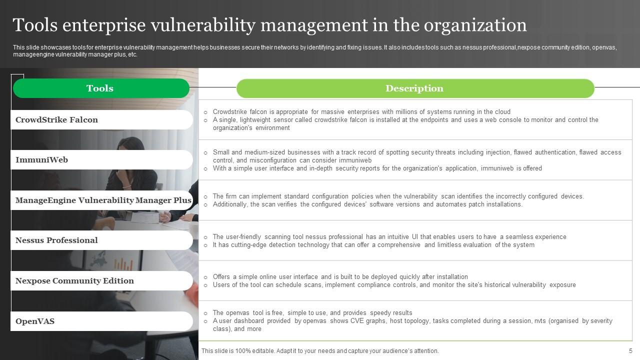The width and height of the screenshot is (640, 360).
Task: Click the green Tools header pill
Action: tap(100, 88)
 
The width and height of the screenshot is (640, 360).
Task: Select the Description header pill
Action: tap(414, 88)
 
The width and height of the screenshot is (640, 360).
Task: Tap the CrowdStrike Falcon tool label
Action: tap(56, 120)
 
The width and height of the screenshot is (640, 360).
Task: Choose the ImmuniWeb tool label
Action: tap(41, 160)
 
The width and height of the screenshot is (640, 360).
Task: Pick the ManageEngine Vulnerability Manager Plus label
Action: tap(103, 200)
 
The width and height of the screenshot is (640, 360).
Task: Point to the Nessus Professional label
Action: tap(56, 240)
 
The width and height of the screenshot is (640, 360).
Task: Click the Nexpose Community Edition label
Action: tap(74, 281)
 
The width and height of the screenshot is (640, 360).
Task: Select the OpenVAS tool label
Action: tap(35, 321)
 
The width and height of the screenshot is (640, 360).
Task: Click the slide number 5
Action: tap(630, 351)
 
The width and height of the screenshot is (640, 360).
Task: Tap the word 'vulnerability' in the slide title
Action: tap(218, 25)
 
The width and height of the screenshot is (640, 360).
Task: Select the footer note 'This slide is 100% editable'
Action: tap(320, 351)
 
